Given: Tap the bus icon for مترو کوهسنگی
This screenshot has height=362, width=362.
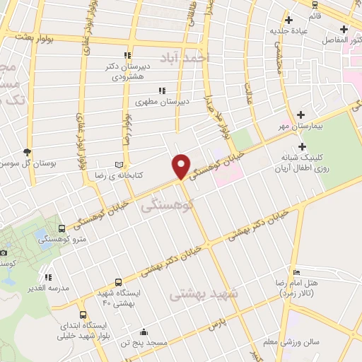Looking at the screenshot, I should click(62, 228).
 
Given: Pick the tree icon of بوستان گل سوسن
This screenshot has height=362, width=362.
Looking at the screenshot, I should click(28, 151).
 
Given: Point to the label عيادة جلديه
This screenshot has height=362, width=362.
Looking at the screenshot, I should click(286, 31).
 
